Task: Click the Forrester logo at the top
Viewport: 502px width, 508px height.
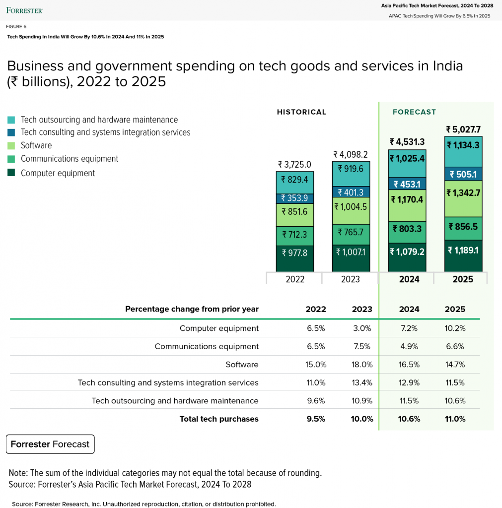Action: coord(24,10)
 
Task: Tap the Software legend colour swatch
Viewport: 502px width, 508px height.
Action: coord(11,146)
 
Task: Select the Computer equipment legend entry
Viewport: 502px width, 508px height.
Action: coord(51,173)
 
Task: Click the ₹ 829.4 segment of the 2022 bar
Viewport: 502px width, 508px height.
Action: coord(295,183)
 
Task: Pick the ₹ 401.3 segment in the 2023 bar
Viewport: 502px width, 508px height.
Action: coord(351,192)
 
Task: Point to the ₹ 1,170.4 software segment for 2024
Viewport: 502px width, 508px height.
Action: coord(407,205)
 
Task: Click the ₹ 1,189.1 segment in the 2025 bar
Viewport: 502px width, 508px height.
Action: coord(463,255)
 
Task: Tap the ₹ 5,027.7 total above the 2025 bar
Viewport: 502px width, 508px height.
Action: coord(463,129)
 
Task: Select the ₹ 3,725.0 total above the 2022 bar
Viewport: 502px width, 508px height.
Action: coord(294,165)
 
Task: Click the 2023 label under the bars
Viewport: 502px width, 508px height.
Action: coord(350,279)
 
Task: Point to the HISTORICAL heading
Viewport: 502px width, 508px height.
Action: coord(301,112)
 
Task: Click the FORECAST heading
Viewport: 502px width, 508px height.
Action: coord(414,112)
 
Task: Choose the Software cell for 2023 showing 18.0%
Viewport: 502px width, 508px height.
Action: coord(362,365)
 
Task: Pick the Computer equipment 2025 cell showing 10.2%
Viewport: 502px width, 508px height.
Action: coord(455,328)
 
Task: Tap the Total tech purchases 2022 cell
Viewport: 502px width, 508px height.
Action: coord(316,419)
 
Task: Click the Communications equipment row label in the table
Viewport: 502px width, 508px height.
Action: coord(207,347)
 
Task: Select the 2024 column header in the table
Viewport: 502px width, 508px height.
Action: coord(409,309)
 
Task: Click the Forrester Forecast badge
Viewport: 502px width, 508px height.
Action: coord(50,444)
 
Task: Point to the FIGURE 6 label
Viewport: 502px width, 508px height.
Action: coord(16,27)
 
